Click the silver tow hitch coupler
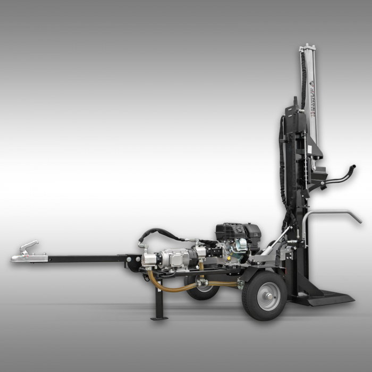click(x=24, y=257)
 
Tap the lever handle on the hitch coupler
click(x=30, y=246)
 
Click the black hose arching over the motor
click(x=159, y=232)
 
